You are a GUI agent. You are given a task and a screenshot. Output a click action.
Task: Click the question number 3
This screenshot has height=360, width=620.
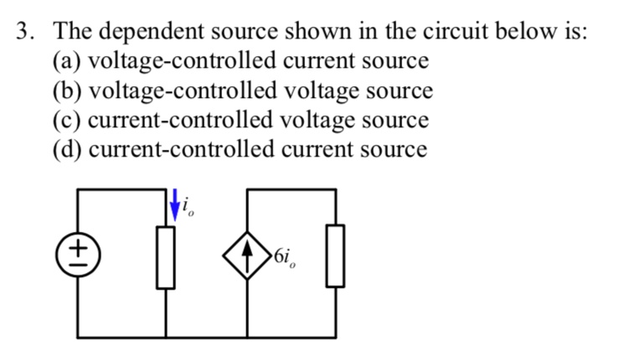[x=25, y=32]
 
